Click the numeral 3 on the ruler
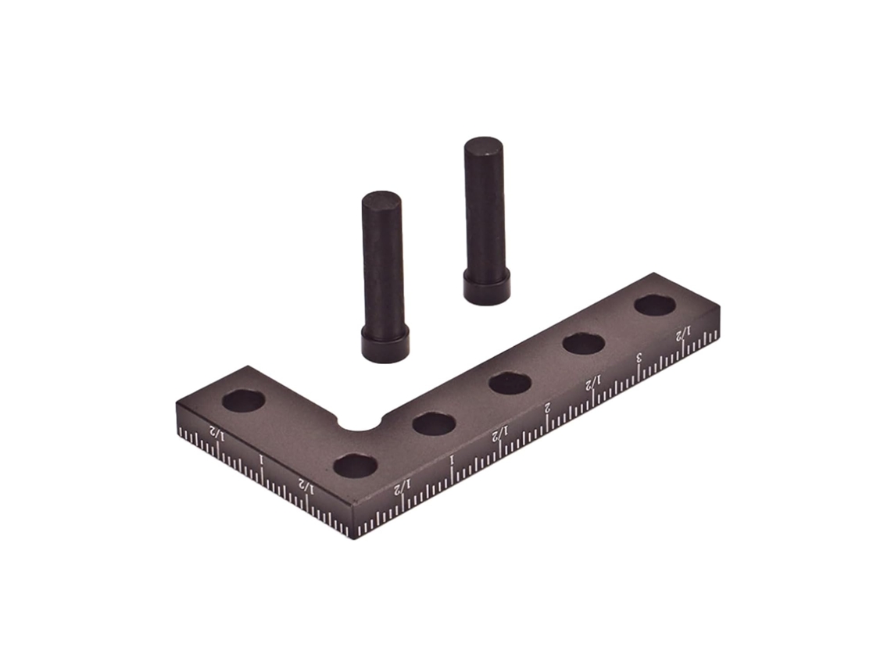[639, 357]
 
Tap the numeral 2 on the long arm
[548, 407]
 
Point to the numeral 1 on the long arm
[453, 459]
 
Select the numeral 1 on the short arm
[261, 459]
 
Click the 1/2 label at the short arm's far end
[216, 433]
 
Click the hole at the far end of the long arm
[655, 305]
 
